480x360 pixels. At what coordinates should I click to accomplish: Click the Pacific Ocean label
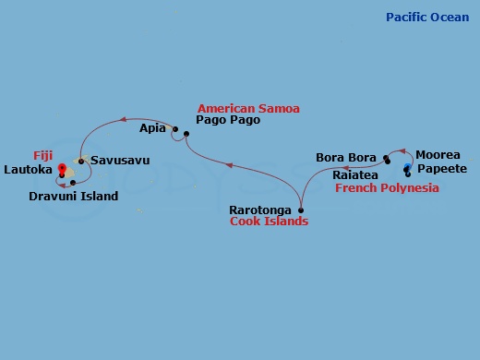(428, 18)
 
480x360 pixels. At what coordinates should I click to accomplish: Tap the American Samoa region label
(248, 108)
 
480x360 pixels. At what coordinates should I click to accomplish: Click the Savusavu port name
(119, 162)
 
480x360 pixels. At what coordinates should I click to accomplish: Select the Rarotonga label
(260, 210)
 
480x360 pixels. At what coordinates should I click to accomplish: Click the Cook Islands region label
(269, 222)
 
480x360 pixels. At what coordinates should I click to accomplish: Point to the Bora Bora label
(345, 158)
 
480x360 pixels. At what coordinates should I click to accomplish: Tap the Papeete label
(441, 169)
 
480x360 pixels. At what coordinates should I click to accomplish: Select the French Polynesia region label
(387, 187)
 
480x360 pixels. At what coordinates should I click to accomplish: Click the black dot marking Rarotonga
(301, 210)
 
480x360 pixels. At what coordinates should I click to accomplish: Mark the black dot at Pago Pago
(186, 136)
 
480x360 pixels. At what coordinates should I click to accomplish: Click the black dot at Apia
(174, 129)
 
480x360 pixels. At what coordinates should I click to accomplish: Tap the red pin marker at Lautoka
(62, 169)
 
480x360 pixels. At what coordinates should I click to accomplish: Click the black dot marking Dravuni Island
(72, 183)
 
